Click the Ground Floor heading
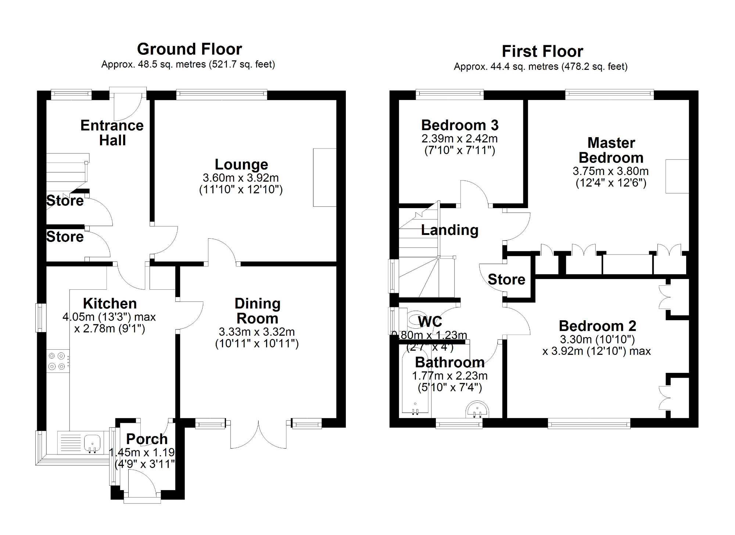[189, 49]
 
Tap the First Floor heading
[542, 51]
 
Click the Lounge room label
[241, 164]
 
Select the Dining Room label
[257, 311]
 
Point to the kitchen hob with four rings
[57, 361]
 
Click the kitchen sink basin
[92, 442]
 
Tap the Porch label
[147, 439]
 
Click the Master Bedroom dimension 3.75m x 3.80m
[610, 171]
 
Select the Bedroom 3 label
[460, 125]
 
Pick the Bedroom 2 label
[597, 326]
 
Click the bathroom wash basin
[477, 409]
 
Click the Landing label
[449, 230]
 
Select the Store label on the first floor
[506, 280]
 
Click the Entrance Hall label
[112, 133]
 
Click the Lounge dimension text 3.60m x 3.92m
[241, 178]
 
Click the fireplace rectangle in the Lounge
[325, 177]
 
